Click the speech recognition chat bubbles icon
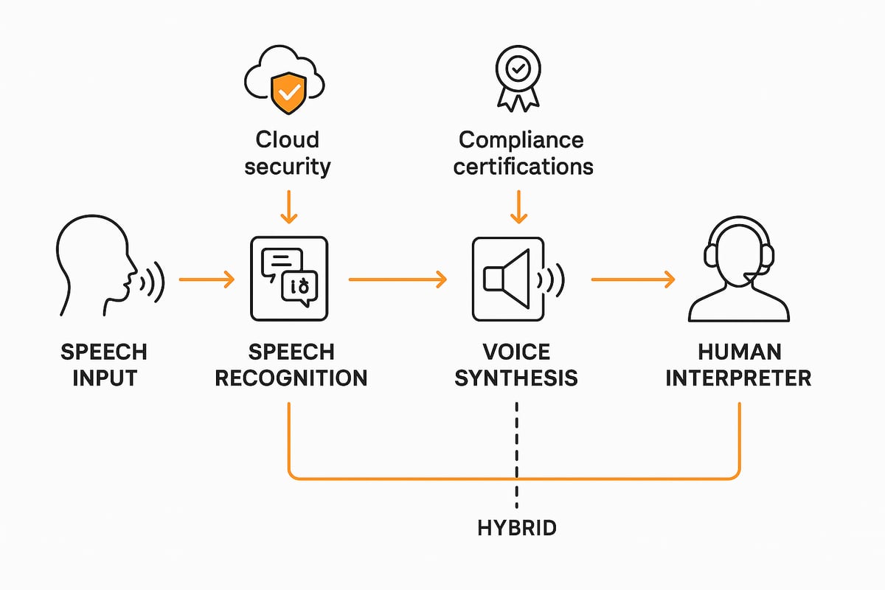pos(289,279)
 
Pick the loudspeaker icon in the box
pos(509,279)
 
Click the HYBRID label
pos(517,527)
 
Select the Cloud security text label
pos(288,153)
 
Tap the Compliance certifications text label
pos(523,153)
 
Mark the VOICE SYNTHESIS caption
pos(516,364)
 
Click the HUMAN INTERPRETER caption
pos(738,364)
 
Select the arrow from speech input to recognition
pos(206,280)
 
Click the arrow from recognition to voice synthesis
pos(398,280)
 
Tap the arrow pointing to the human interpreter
pos(633,280)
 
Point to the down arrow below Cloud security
pos(289,206)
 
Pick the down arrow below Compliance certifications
pos(519,206)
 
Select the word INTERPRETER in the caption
pos(738,378)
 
